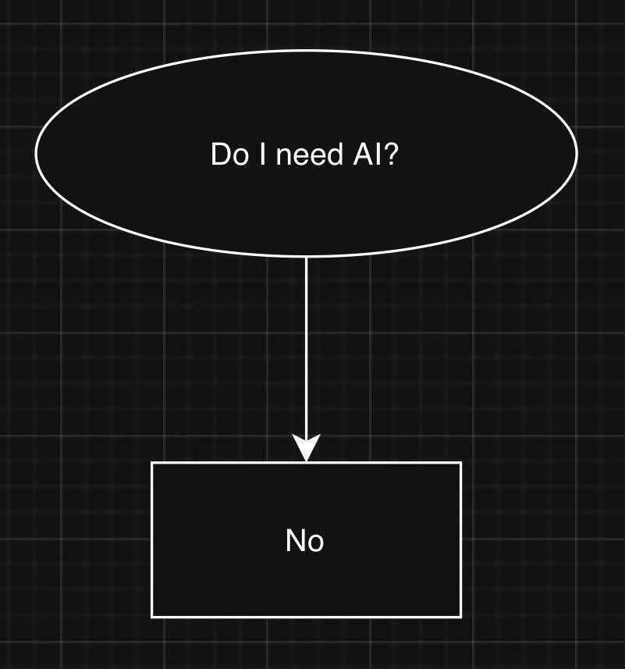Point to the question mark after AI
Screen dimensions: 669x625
click(x=391, y=155)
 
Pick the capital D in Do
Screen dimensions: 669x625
click(x=220, y=155)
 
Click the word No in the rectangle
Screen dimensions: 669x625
click(x=305, y=540)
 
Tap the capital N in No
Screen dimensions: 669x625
click(x=296, y=540)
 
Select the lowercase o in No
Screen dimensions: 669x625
click(x=315, y=543)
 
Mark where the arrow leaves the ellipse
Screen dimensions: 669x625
click(x=306, y=257)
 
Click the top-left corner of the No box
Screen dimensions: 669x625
click(x=151, y=463)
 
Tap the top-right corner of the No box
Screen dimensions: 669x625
click(x=461, y=463)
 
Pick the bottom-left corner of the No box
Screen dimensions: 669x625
click(x=151, y=617)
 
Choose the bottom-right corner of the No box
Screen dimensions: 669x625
click(x=461, y=617)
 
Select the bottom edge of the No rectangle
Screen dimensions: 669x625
click(x=306, y=617)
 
